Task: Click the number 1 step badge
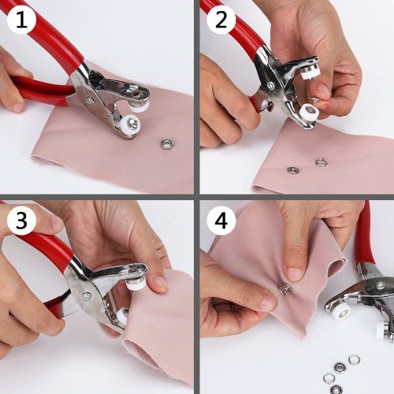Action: [x=22, y=21]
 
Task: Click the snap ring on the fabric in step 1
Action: [x=166, y=143]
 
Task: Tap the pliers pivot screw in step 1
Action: [x=90, y=100]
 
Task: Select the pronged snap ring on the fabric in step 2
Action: [x=321, y=163]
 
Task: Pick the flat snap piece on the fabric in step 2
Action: [x=293, y=169]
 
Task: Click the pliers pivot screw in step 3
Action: [x=86, y=297]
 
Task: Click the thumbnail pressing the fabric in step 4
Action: [x=293, y=273]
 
